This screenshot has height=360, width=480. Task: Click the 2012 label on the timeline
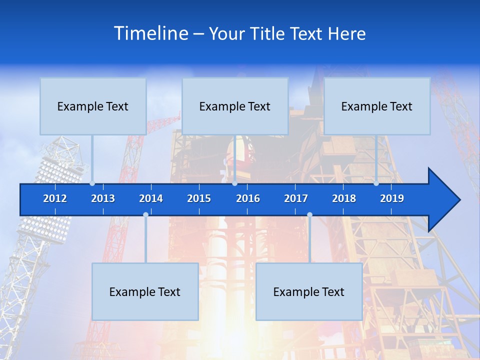click(55, 198)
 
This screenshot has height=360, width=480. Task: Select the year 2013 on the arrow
click(103, 198)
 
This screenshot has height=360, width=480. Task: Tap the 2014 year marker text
click(151, 198)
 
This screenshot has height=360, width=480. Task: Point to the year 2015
click(199, 198)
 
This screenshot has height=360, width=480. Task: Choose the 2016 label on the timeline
click(248, 198)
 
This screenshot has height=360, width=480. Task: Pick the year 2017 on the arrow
click(296, 198)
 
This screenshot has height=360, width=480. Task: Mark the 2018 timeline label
click(344, 198)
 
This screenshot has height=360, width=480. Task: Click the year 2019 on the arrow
click(392, 198)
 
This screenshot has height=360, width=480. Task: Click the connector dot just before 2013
click(92, 183)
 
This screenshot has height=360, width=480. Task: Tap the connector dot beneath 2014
click(145, 214)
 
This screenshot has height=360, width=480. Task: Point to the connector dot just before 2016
click(234, 183)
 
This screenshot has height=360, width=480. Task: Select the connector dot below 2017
click(309, 214)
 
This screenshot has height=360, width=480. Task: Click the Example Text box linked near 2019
click(377, 106)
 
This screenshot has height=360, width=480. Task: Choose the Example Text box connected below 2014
click(145, 292)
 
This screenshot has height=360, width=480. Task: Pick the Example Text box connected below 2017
click(309, 292)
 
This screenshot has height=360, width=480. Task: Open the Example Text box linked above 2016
click(235, 106)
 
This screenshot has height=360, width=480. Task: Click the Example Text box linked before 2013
click(93, 106)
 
